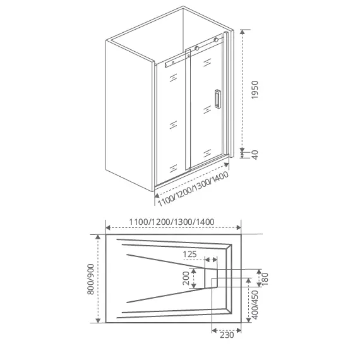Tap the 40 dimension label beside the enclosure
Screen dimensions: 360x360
click(x=255, y=153)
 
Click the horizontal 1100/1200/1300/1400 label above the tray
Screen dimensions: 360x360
click(x=171, y=222)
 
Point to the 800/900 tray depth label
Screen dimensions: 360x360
click(x=92, y=279)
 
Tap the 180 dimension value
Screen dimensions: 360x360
click(x=265, y=277)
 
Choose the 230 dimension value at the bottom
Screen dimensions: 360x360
click(x=227, y=335)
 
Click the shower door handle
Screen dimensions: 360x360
click(x=217, y=100)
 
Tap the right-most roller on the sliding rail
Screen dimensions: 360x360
click(x=219, y=40)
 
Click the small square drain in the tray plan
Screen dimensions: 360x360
click(x=214, y=281)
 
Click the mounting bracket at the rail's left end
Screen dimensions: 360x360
click(x=168, y=63)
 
